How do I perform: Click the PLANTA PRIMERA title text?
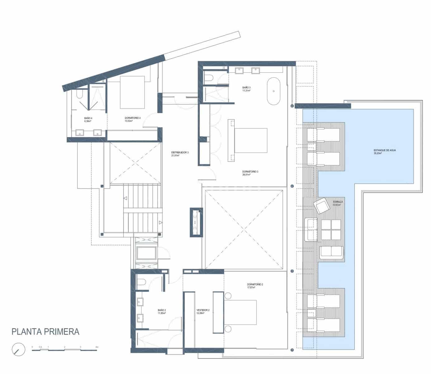tap(45, 332)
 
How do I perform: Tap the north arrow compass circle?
tap(18, 349)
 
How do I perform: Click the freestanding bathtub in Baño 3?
tap(273, 91)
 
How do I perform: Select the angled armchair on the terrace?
tap(321, 206)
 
